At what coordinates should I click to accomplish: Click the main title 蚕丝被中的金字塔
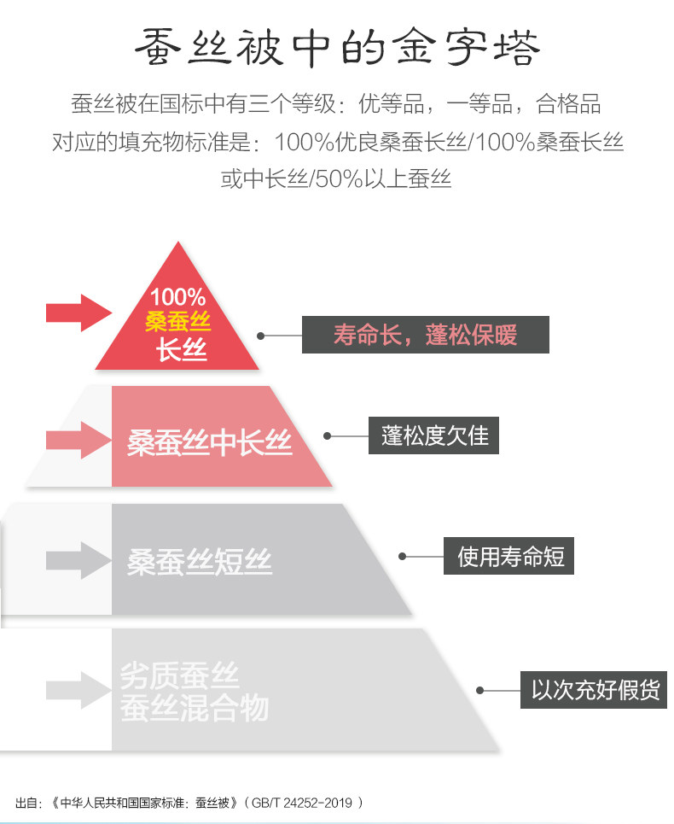337,49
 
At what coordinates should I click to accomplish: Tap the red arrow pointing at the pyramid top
78,313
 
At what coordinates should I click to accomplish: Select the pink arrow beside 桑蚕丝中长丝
78,440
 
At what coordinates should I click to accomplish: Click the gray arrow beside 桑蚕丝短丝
78,559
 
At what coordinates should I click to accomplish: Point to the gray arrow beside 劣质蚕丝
78,689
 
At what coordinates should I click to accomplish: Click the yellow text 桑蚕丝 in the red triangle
177,323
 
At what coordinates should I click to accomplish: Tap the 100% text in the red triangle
178,297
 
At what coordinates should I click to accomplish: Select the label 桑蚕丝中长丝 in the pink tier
210,442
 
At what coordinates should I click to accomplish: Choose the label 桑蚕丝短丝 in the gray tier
200,561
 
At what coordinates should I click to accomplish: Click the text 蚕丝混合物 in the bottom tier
195,708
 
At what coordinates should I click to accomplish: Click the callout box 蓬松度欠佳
434,436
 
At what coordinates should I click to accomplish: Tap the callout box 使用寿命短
510,558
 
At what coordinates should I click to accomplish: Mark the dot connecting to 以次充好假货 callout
480,690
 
